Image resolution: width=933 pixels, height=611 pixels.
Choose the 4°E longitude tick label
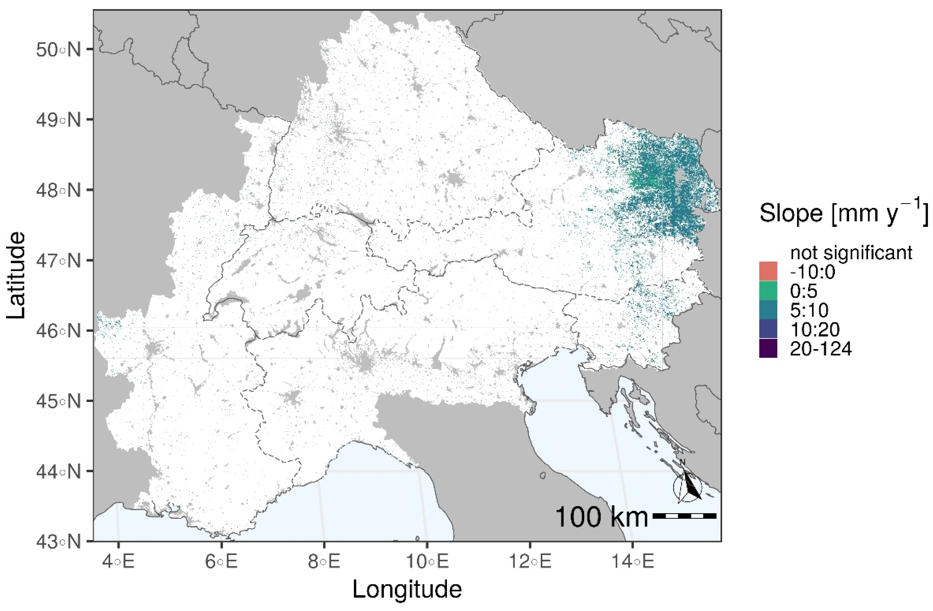[x=118, y=562]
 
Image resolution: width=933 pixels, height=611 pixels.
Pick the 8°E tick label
[x=324, y=562]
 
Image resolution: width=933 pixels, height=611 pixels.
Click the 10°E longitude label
[x=427, y=562]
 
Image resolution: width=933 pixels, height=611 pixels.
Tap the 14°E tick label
[x=633, y=562]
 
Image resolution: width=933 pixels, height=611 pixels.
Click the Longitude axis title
[x=407, y=590]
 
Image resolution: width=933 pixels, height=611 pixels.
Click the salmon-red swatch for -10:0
[x=768, y=271]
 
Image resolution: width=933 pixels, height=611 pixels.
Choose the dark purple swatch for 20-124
[x=768, y=348]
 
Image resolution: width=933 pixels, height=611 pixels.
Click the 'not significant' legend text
[x=851, y=253]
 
